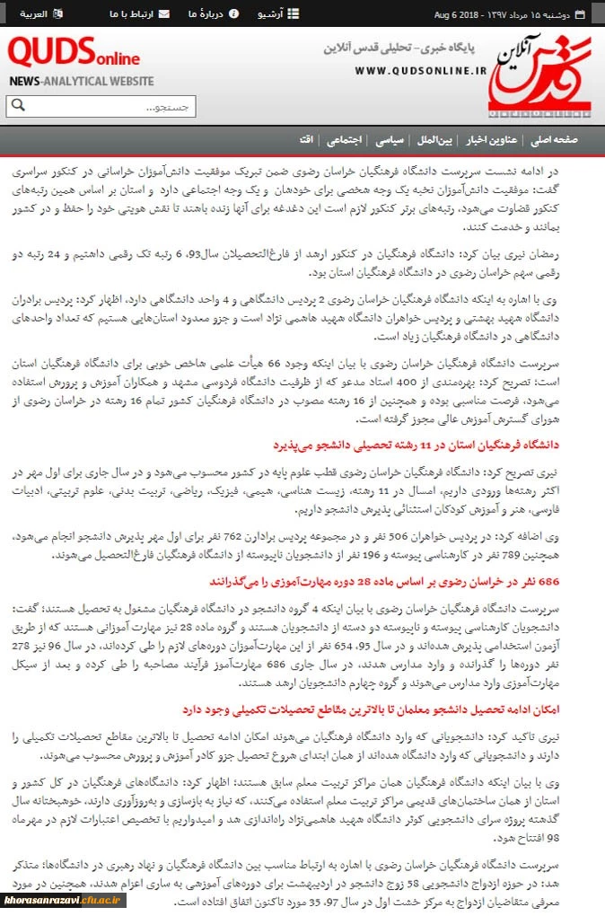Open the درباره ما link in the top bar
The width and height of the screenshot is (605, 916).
pyautogui.click(x=206, y=14)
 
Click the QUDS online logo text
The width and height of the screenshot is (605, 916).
pyautogui.click(x=74, y=56)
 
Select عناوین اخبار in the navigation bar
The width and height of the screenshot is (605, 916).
pyautogui.click(x=488, y=140)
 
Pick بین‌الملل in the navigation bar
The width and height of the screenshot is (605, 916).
pyautogui.click(x=434, y=140)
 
